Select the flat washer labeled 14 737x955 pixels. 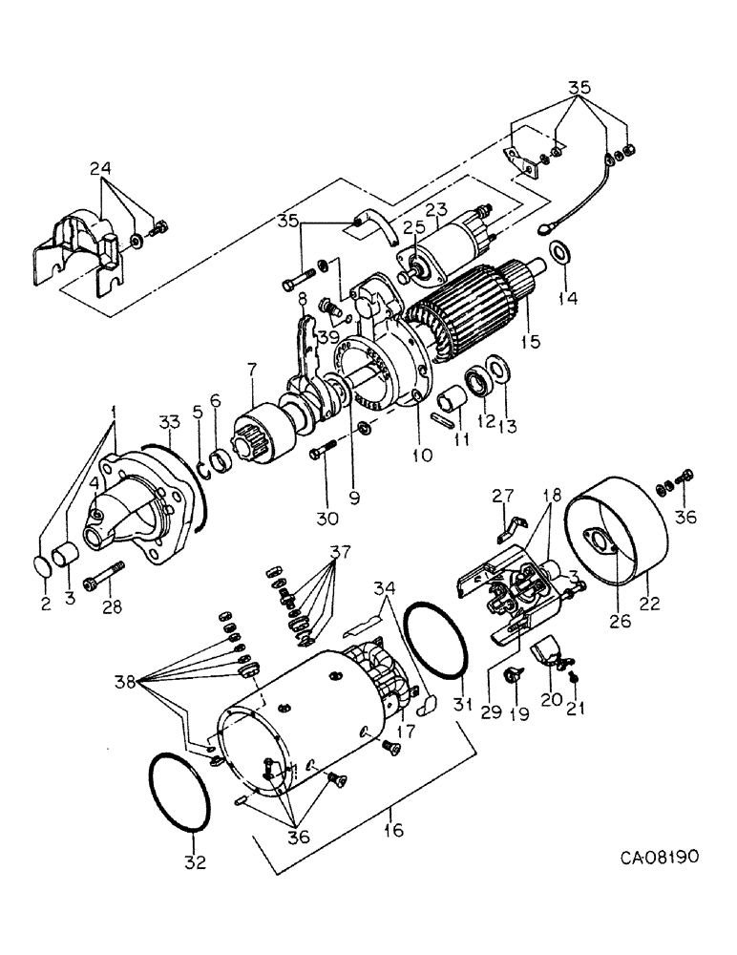point(558,253)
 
